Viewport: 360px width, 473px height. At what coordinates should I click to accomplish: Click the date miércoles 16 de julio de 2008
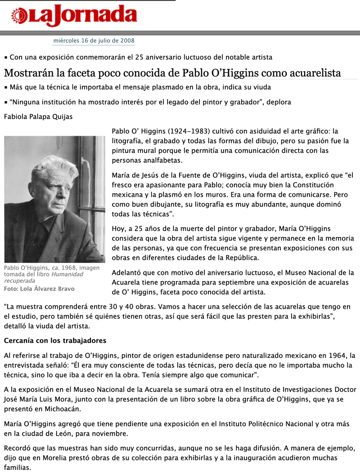(x=94, y=40)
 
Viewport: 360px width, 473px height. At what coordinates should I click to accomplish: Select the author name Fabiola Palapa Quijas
(x=38, y=117)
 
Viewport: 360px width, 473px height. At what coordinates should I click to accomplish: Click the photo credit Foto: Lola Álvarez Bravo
(x=39, y=289)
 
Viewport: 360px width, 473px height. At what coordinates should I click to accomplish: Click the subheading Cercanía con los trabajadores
(x=55, y=340)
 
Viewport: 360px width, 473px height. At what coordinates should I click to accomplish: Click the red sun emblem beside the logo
(x=20, y=17)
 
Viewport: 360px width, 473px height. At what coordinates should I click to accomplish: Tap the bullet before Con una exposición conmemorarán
(x=6, y=58)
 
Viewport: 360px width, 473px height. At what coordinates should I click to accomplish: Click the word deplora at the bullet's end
(x=279, y=102)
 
